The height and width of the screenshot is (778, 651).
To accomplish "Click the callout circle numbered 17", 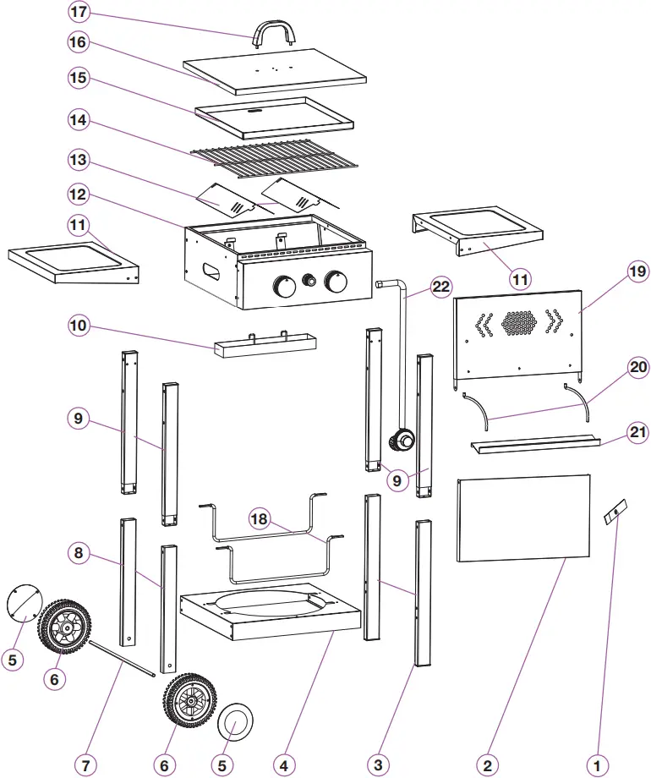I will coord(79,14).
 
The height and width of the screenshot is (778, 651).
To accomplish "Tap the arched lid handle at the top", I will coord(276,30).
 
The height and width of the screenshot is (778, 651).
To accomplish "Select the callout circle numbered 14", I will coord(79,121).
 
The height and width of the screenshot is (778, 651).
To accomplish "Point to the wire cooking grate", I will coord(276,161).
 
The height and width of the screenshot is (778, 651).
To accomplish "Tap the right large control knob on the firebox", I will coord(336,282).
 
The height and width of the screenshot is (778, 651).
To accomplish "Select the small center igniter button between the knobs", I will coord(310,280).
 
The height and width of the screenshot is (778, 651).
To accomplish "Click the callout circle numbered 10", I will coord(79,326).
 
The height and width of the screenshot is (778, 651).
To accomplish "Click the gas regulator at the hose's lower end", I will coord(402,441).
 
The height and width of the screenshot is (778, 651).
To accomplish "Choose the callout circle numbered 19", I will coord(637,271).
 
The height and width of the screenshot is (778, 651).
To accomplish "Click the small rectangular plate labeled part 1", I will coord(615,512).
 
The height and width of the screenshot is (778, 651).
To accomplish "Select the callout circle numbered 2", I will coord(486,764).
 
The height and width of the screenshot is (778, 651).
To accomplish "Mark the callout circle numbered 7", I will coord(85,764).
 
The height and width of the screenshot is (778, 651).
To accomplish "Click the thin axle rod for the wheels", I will coord(122,659).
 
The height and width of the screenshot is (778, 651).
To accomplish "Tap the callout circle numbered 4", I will coord(284,764).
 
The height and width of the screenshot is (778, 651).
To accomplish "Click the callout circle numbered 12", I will coord(79,194).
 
